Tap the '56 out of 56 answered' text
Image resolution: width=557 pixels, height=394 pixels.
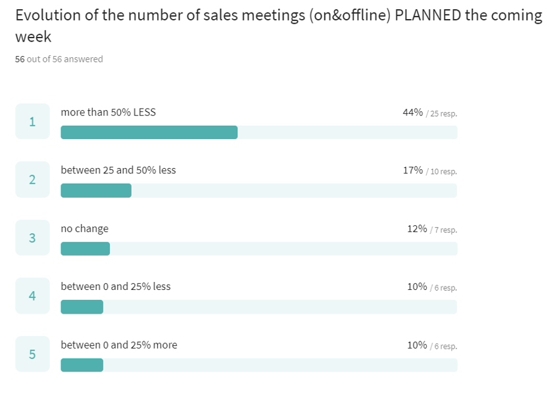(59, 59)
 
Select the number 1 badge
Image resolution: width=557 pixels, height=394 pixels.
(32, 121)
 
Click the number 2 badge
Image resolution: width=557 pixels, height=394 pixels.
(32, 179)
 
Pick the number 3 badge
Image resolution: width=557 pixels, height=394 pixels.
(32, 238)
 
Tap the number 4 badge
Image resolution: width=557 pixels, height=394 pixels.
(32, 296)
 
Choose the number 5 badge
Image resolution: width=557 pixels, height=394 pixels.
(32, 354)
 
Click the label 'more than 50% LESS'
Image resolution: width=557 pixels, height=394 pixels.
(109, 112)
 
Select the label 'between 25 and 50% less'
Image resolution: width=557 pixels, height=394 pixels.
(118, 170)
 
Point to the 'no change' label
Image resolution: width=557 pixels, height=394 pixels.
(85, 229)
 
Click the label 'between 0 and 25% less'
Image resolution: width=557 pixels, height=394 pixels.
(116, 287)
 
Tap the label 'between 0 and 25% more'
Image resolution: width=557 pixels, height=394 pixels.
(119, 345)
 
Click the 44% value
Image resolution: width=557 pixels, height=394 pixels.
(412, 112)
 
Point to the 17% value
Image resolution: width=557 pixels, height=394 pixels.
(412, 170)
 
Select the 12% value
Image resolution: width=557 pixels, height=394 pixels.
(416, 229)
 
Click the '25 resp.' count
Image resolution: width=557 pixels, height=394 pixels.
(443, 113)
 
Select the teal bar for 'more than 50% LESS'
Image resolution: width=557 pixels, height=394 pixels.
(149, 132)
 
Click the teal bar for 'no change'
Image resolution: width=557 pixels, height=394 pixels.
(85, 249)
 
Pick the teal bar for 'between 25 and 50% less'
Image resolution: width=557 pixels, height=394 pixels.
(96, 190)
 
